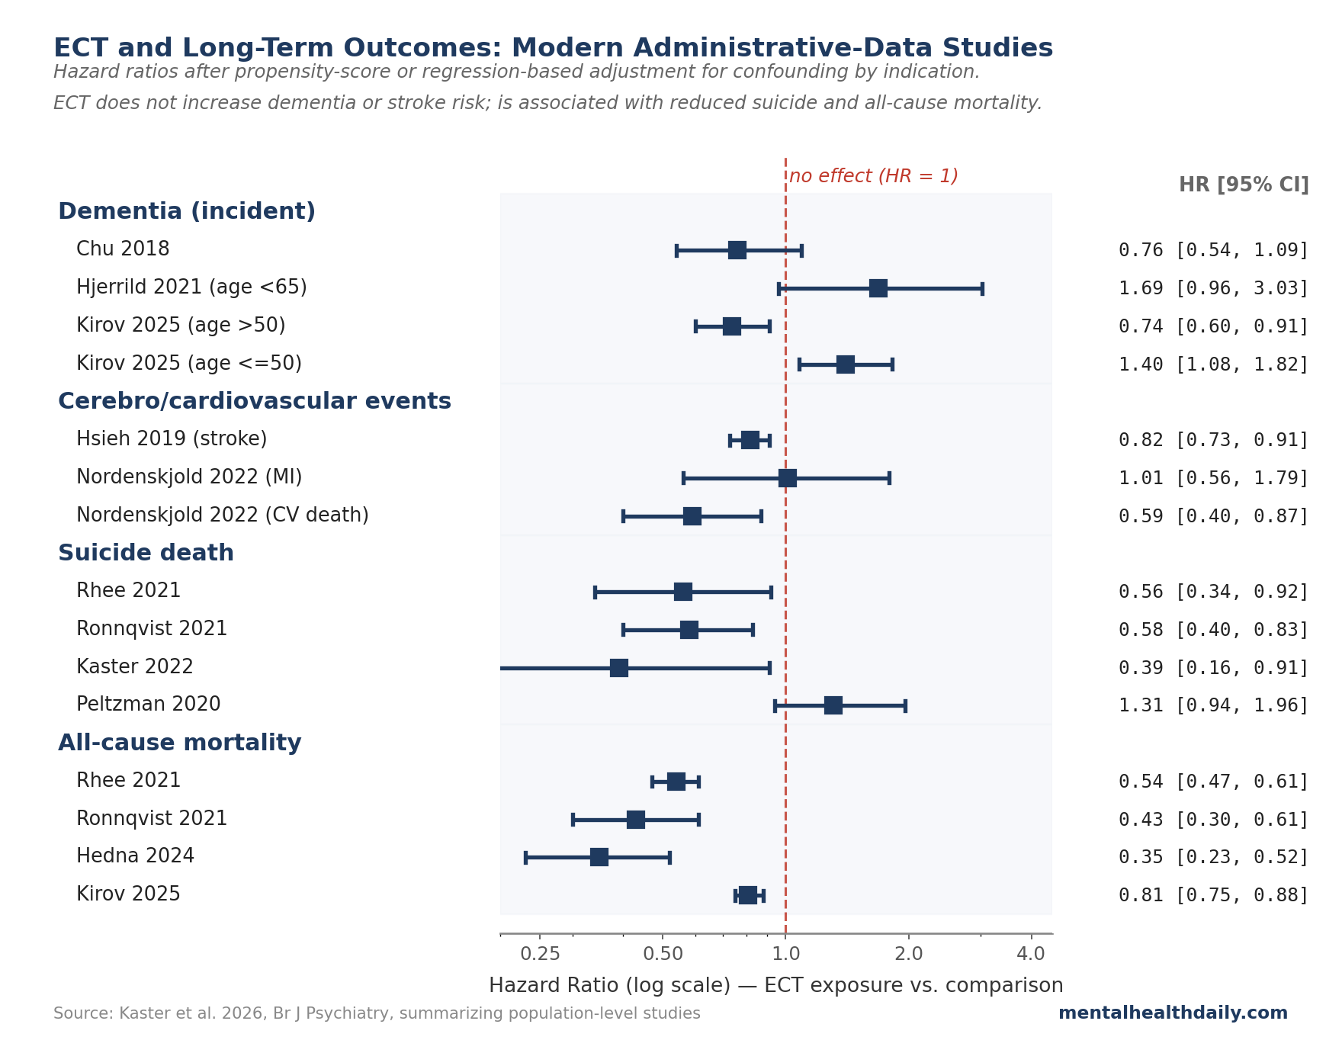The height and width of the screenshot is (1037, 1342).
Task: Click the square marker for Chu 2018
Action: pos(737,250)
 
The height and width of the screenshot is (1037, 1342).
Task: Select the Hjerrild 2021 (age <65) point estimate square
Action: pos(878,288)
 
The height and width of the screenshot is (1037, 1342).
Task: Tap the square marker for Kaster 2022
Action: pos(618,668)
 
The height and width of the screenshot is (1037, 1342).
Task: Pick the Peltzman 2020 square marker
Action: pos(833,705)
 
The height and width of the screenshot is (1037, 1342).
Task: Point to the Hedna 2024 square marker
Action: pos(599,857)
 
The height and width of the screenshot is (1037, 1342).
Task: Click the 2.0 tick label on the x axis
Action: pos(908,954)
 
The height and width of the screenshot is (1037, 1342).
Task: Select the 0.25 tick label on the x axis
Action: pos(540,954)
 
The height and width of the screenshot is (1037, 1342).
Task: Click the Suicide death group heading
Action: pos(146,553)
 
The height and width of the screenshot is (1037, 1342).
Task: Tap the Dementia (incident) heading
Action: pos(187,211)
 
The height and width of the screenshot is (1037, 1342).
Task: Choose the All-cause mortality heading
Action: pos(180,743)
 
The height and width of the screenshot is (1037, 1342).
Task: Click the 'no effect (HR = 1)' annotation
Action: pos(873,176)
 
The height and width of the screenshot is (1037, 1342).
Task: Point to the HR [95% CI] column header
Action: pos(1243,185)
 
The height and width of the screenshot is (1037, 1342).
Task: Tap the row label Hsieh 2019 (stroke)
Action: pos(172,439)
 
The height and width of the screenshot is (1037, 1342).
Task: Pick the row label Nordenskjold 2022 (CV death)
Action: pos(223,515)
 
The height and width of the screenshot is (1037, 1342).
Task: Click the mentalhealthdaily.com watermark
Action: pos(1172,1013)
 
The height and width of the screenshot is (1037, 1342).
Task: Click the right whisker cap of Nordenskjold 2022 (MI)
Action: pos(889,478)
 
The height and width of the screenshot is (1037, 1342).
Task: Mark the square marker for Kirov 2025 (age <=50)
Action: pos(845,364)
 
